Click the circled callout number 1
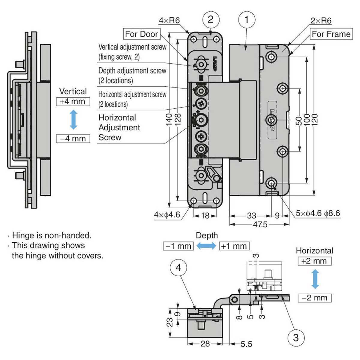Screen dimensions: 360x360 247,20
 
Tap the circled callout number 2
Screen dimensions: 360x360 210,19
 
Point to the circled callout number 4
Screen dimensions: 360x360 178,268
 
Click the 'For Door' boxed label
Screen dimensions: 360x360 141,34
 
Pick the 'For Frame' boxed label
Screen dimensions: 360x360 331,34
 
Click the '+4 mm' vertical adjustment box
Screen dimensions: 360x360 73,101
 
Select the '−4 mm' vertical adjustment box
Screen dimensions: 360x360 73,139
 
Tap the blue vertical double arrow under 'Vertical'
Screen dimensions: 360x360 73,120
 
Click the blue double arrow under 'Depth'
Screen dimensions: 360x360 206,246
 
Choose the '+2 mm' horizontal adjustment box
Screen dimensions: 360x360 314,261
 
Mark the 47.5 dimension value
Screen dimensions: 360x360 260,224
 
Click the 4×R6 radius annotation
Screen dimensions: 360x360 169,20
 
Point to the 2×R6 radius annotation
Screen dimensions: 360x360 321,20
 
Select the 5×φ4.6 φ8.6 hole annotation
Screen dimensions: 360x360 318,213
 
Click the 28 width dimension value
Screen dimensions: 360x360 205,343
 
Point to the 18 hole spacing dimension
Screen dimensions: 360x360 205,215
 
